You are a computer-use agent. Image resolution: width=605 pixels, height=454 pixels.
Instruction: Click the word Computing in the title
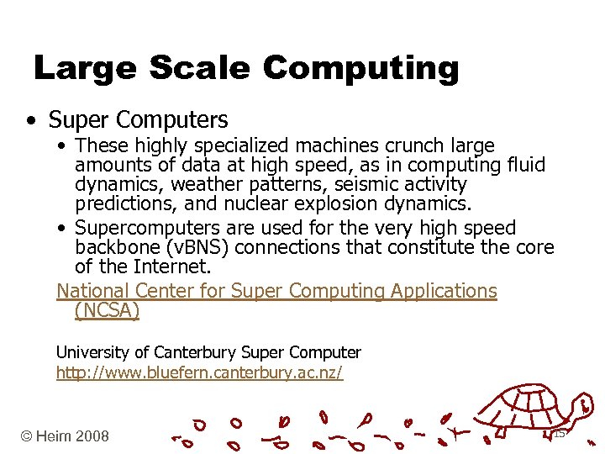[361, 68]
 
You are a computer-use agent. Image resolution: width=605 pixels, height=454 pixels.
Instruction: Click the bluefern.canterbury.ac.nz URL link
[199, 372]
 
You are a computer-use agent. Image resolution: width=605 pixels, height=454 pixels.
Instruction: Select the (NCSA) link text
[107, 310]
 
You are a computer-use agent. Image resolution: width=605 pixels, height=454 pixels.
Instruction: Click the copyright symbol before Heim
[28, 436]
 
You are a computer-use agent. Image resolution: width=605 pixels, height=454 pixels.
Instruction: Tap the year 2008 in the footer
[92, 436]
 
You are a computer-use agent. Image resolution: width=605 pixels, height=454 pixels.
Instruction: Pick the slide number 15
[559, 434]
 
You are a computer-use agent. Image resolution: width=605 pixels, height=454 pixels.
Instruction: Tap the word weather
[199, 184]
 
